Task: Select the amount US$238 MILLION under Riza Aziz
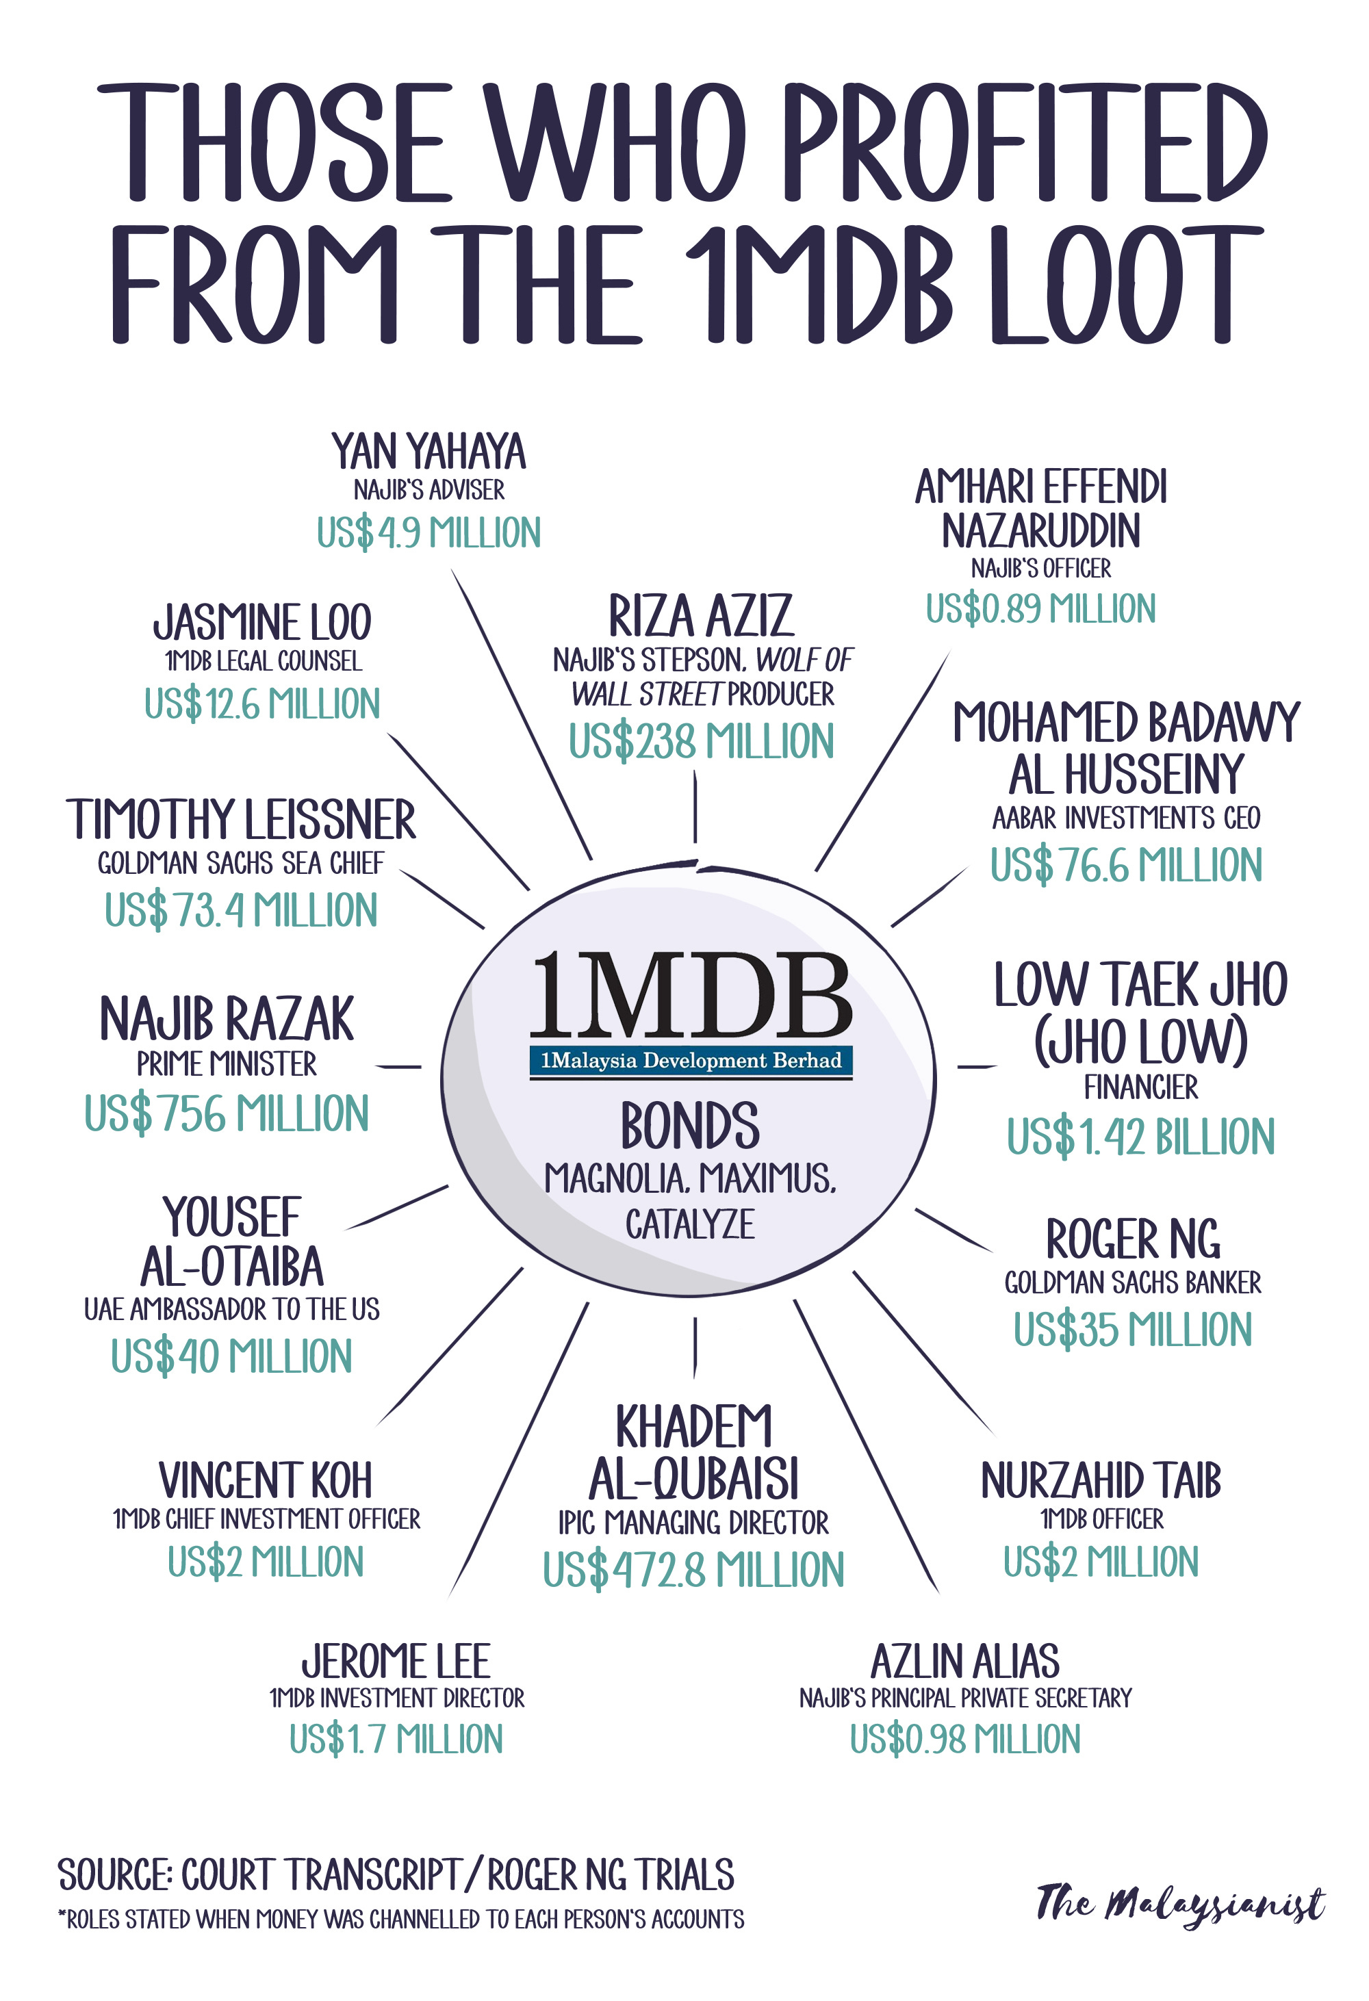[x=701, y=741]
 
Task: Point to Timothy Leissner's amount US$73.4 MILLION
[x=241, y=910]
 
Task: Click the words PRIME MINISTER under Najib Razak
[x=227, y=1064]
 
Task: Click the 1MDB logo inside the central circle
[x=691, y=1011]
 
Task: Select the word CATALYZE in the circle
[x=690, y=1224]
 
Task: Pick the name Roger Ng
[x=1132, y=1240]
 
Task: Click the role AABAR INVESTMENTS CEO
[x=1125, y=818]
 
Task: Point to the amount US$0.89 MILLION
[x=1040, y=609]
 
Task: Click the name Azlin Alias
[x=964, y=1662]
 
